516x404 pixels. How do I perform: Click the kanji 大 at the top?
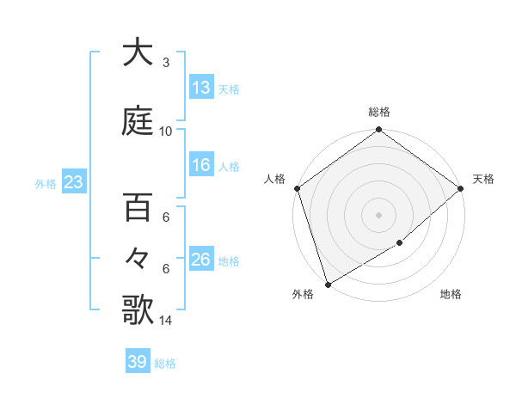click(138, 53)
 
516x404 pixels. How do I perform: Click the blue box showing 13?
click(201, 88)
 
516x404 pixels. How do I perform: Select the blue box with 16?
click(201, 165)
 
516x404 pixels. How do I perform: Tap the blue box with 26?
click(201, 260)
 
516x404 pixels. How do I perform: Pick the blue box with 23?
click(72, 182)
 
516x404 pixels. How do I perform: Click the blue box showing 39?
click(138, 362)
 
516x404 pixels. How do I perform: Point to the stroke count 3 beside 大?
click(165, 63)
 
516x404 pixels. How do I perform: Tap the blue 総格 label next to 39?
click(165, 364)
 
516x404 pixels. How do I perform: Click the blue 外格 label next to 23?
click(46, 183)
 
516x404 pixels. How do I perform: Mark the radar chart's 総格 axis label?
click(378, 112)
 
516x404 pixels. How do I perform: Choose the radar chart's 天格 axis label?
click(483, 179)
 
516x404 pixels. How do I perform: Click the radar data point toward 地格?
click(400, 243)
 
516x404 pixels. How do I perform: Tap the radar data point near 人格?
click(297, 188)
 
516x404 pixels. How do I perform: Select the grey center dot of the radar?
click(378, 214)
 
